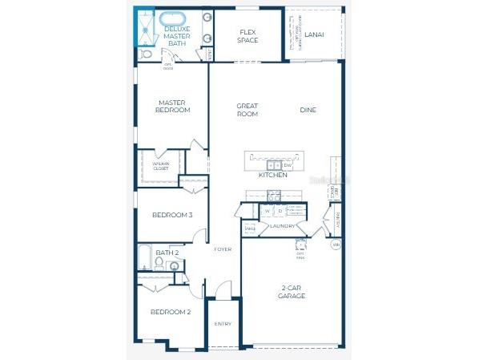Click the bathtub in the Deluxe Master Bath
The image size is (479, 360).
172,19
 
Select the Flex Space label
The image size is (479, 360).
248,36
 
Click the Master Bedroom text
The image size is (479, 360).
173,106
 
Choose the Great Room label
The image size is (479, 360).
247,110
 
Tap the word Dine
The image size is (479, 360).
309,110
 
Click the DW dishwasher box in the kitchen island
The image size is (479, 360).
288,165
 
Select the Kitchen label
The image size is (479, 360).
272,175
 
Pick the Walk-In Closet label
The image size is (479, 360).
161,167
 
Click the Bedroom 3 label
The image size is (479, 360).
173,215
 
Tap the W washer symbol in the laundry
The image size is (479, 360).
268,212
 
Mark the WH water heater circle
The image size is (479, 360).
336,244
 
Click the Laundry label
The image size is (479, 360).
283,226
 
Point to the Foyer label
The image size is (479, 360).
223,249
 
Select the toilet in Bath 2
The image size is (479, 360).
159,262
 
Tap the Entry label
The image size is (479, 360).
223,324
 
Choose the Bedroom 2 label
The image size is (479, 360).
172,311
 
